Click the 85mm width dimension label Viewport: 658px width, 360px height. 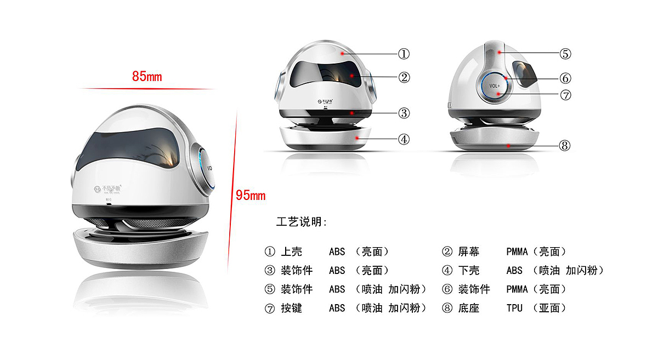coord(147,76)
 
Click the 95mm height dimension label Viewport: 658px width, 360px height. coord(251,195)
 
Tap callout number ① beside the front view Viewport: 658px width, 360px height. coord(404,54)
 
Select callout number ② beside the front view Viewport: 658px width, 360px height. coord(404,77)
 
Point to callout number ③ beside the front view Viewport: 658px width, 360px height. coord(404,113)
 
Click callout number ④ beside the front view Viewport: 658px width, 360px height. coord(404,139)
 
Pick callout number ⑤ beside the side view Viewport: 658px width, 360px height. coord(565,54)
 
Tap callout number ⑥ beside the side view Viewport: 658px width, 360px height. coord(565,78)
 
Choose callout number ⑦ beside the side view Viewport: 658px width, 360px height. coord(565,95)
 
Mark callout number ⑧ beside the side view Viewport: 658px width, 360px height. coord(565,146)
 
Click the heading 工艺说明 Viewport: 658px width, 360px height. coord(302,222)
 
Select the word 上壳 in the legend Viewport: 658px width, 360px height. coord(291,252)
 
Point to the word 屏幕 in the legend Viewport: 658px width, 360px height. coord(469,252)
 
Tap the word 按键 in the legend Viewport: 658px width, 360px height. coord(291,308)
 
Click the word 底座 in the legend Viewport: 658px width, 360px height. coord(469,308)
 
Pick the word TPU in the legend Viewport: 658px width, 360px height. coord(514,308)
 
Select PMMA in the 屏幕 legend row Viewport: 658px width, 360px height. coord(517,252)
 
